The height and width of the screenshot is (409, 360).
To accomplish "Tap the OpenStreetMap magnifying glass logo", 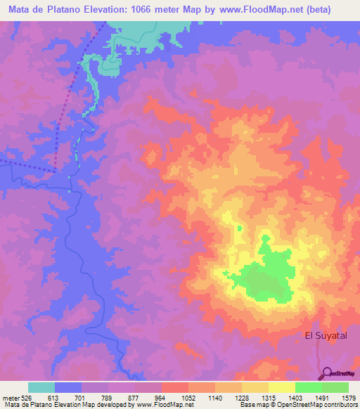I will [326, 374].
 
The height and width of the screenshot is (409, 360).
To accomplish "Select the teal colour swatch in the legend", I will [41, 387].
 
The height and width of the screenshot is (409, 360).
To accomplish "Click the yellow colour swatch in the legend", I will [281, 387].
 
